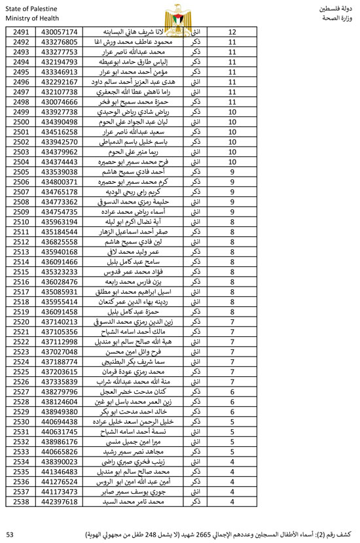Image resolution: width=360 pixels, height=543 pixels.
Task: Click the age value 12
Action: [232, 32]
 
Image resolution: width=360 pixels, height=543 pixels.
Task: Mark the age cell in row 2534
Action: [232, 461]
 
